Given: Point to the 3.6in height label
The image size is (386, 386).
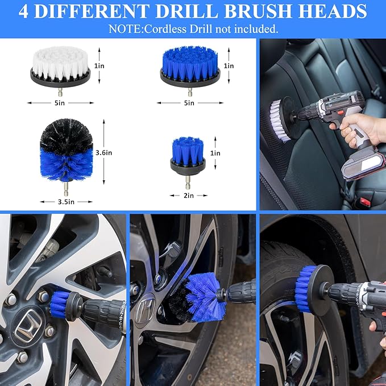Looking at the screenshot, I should pyautogui.click(x=104, y=152).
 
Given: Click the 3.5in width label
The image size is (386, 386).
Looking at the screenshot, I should pyautogui.click(x=67, y=201).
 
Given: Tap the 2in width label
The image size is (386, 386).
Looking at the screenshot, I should pyautogui.click(x=188, y=195).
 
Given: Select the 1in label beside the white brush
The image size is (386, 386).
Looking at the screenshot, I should pyautogui.click(x=99, y=66).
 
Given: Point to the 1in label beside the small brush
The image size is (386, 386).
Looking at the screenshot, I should pyautogui.click(x=215, y=153).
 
